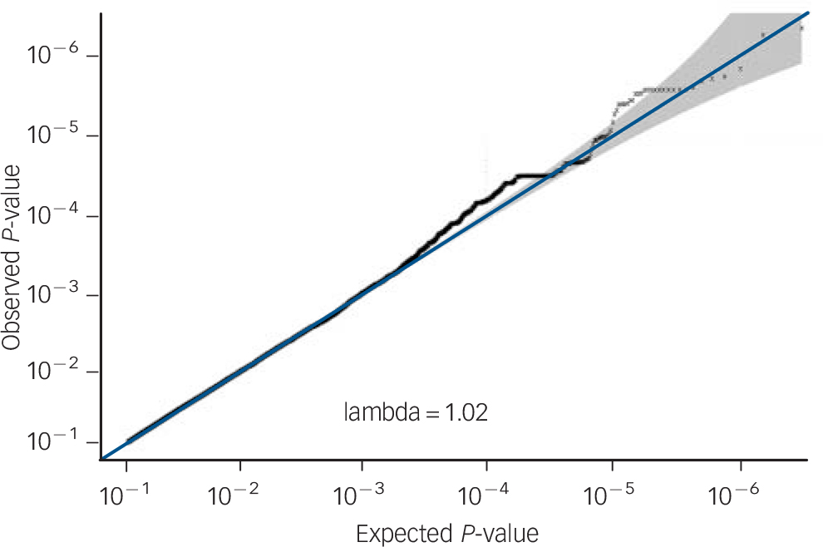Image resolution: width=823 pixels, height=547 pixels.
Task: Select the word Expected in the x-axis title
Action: (394, 532)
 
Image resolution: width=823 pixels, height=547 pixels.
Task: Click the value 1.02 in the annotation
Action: (465, 411)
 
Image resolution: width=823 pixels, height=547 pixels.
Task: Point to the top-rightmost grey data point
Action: (801, 28)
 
